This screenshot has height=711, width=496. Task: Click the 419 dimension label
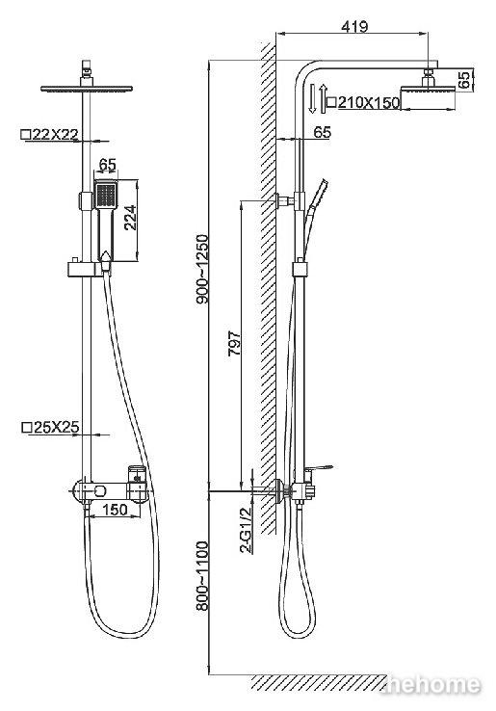[354, 26]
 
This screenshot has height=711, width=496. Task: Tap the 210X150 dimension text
[369, 102]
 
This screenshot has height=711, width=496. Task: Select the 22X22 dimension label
[55, 134]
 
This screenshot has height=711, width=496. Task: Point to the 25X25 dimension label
[56, 427]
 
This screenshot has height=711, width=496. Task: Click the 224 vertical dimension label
[130, 218]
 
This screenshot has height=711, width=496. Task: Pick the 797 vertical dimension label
[234, 343]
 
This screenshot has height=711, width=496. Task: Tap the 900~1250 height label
[201, 270]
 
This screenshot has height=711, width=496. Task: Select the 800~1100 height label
[201, 576]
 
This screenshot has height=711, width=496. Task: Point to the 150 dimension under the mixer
[116, 510]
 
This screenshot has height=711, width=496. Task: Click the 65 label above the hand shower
[108, 164]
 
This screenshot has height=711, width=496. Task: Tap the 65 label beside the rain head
[464, 79]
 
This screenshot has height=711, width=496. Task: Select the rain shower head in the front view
[87, 88]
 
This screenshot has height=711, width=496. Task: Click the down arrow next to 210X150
[312, 98]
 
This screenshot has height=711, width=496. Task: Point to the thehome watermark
[432, 685]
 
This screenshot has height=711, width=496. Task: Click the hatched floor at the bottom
[318, 682]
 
